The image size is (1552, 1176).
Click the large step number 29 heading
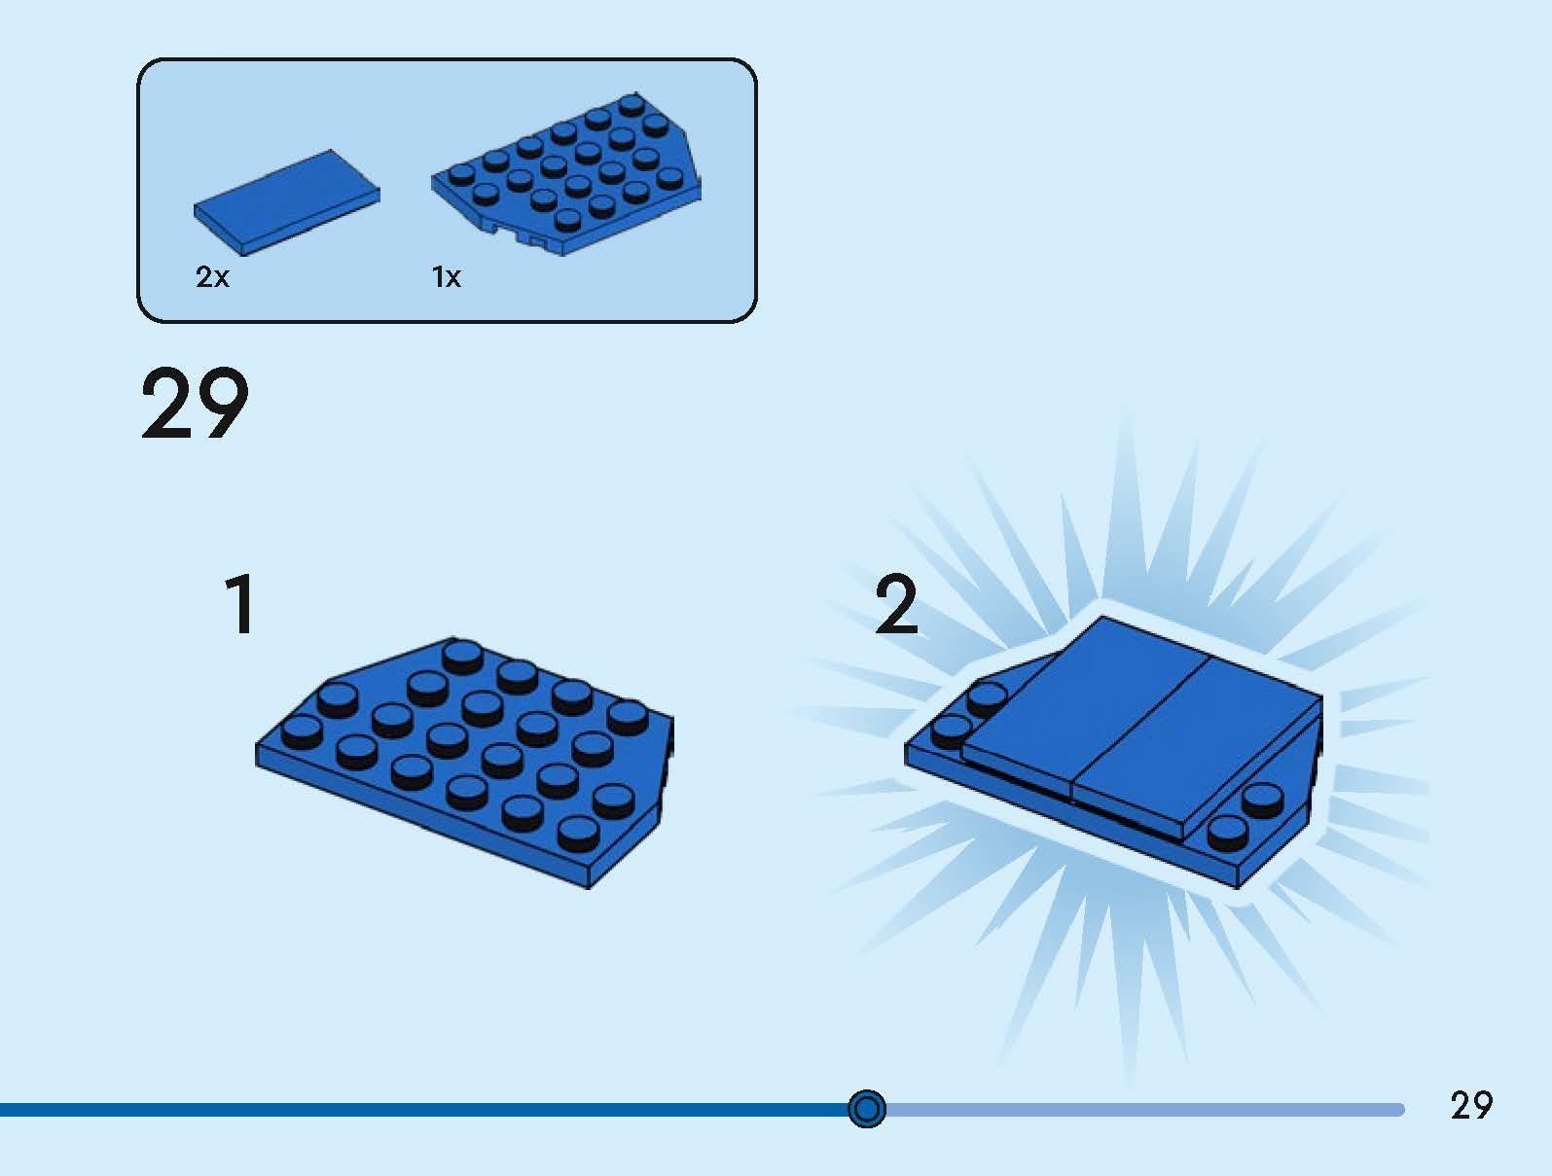point(195,404)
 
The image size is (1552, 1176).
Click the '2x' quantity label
point(212,276)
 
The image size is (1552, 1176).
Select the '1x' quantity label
point(447,276)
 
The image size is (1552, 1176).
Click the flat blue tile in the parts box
point(286,202)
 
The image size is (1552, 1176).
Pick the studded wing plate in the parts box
point(565,174)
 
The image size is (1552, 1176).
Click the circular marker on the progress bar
point(866,1109)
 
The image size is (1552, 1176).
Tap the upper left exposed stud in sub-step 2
point(987,697)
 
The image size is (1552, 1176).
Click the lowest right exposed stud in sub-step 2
point(1227,834)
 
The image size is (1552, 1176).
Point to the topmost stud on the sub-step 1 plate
point(463,656)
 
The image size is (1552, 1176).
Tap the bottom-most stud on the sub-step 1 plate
point(578,834)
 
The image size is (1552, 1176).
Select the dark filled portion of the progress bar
point(424,1110)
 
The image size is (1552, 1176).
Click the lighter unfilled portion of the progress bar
point(1144,1110)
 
